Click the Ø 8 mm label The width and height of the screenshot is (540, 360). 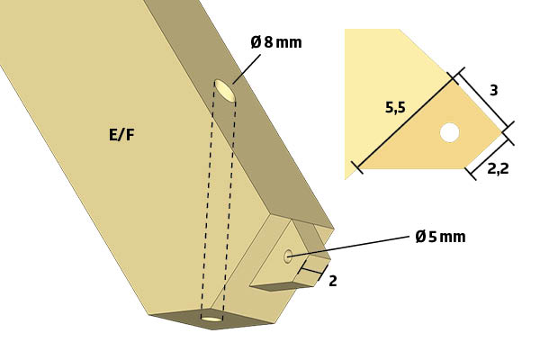click(x=276, y=42)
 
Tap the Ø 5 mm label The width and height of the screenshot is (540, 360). click(x=440, y=237)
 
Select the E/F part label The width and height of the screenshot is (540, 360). click(x=121, y=134)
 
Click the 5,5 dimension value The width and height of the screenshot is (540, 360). click(x=395, y=108)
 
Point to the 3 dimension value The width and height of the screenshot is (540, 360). click(x=493, y=90)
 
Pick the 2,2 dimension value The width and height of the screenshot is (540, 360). click(x=498, y=169)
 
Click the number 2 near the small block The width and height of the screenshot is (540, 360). click(x=333, y=281)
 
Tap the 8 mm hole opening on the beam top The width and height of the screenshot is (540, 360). click(x=225, y=91)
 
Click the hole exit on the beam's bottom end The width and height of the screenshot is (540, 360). click(x=211, y=319)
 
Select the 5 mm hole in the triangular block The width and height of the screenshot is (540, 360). click(x=288, y=256)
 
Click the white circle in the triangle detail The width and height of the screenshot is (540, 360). click(x=450, y=132)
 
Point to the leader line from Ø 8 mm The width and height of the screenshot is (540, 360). click(x=247, y=69)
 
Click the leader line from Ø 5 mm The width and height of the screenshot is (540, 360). click(x=347, y=247)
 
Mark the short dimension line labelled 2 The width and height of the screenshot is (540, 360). click(x=311, y=272)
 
